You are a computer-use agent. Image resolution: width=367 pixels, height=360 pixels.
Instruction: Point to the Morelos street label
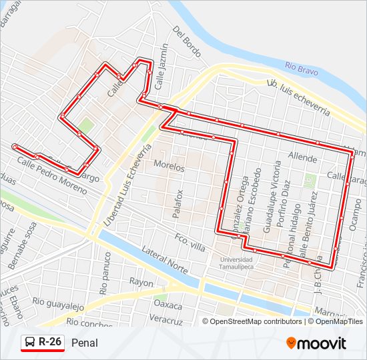167,163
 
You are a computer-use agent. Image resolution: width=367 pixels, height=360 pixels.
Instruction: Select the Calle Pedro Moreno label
52,175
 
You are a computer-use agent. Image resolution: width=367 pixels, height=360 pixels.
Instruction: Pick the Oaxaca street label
167,305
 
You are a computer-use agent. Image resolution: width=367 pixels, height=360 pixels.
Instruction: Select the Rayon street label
142,282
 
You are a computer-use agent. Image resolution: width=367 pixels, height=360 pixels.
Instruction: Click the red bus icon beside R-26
29,343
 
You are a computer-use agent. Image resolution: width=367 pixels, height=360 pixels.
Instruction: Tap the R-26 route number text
50,342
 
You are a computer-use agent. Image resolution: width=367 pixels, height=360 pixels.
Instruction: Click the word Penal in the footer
84,343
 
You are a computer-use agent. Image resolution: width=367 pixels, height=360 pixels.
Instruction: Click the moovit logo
316,343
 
